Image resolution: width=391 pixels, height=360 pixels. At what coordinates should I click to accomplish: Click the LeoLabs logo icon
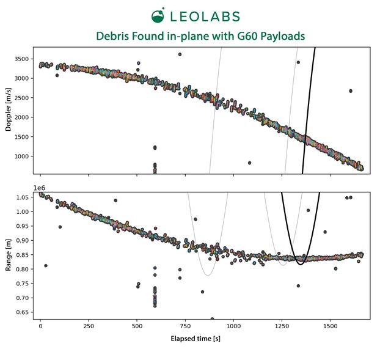[158, 16]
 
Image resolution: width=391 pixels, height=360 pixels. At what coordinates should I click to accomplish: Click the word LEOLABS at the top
[205, 17]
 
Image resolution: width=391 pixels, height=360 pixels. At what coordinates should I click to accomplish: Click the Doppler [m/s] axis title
[9, 111]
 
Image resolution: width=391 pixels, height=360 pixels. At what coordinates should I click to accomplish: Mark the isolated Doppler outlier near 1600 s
[351, 91]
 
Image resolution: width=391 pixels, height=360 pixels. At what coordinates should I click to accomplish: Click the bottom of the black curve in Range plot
[300, 264]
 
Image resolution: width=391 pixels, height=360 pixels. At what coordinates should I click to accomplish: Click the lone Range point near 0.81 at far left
[46, 266]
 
